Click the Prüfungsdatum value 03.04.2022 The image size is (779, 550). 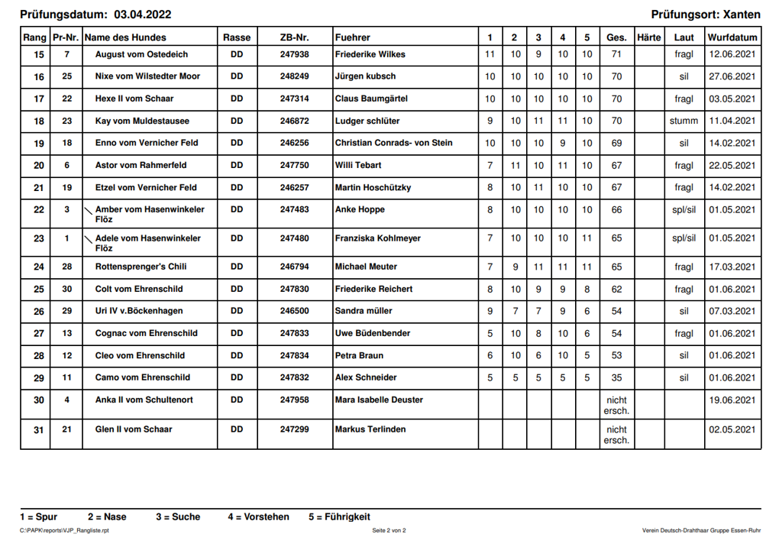[x=142, y=15]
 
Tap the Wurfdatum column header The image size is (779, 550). [x=732, y=37]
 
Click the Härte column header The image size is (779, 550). [x=648, y=37]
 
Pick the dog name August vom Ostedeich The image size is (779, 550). [x=141, y=55]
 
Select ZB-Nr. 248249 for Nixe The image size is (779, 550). [x=294, y=76]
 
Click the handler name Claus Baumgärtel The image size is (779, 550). [x=370, y=99]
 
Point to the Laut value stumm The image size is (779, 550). [x=684, y=121]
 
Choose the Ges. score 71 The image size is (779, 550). [x=616, y=55]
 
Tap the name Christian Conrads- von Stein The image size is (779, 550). [x=393, y=143]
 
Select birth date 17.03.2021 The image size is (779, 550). [x=732, y=267]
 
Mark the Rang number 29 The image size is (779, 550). [x=39, y=377]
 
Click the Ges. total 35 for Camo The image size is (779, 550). [x=616, y=377]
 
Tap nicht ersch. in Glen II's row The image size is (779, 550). [x=616, y=435]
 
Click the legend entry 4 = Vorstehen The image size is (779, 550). [x=258, y=517]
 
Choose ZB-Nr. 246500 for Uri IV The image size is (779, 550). [x=294, y=311]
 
